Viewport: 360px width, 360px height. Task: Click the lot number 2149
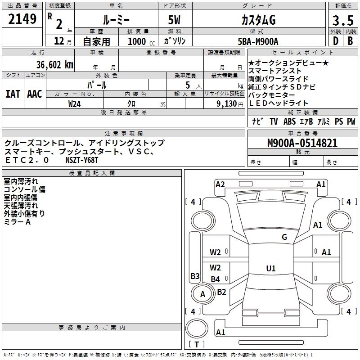click(22, 19)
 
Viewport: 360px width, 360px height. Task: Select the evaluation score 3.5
click(342, 21)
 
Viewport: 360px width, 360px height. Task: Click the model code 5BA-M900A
click(258, 41)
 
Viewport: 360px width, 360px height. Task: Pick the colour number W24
click(74, 103)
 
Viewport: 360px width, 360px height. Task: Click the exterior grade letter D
click(335, 41)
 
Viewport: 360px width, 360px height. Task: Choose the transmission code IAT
click(12, 94)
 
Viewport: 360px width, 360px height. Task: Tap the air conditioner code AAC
click(34, 94)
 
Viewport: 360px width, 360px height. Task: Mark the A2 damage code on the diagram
click(220, 184)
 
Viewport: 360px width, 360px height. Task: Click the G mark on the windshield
click(284, 237)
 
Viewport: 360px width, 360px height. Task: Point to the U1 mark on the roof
click(270, 269)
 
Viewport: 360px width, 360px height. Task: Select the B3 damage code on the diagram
click(195, 276)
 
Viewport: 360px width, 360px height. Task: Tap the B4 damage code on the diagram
click(216, 279)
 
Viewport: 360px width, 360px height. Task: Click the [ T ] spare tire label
click(197, 344)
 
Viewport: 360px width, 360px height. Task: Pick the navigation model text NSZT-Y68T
click(82, 160)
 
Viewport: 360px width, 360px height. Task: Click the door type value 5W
click(175, 21)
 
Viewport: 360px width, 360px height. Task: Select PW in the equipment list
click(351, 121)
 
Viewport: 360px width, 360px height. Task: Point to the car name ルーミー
click(116, 21)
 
